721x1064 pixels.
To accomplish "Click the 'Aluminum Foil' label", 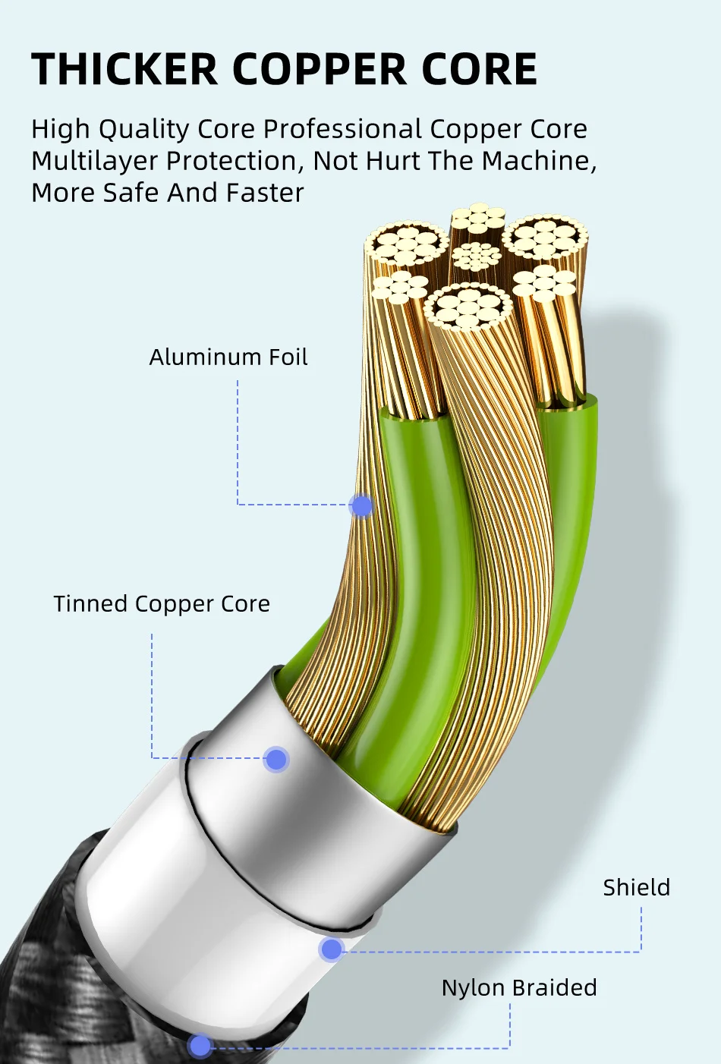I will pos(228,357).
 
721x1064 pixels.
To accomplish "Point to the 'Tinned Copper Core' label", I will pos(162,604).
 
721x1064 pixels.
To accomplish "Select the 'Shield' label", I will pos(636,888).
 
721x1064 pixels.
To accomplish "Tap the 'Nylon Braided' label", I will pos(519,988).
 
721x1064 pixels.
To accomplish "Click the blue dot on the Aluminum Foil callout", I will pos(362,505).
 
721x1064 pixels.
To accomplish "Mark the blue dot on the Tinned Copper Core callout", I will pos(276,759).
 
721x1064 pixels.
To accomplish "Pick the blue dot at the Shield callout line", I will pos(331,949).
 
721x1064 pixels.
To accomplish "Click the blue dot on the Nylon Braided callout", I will pos(200,1046).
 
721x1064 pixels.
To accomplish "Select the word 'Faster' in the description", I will pos(264,193).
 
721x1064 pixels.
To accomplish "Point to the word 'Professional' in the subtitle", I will pos(342,130).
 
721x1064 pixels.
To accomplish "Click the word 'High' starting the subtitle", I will pos(61,130).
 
